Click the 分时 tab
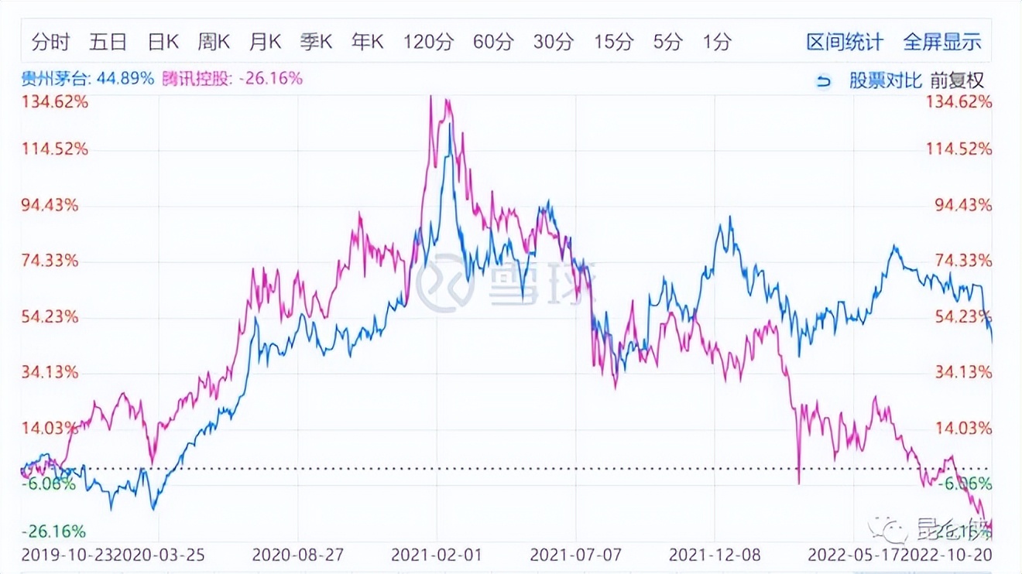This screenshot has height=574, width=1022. click(x=50, y=42)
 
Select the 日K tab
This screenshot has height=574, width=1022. click(x=163, y=42)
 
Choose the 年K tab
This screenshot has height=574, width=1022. click(x=367, y=42)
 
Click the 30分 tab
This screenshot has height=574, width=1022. click(x=553, y=42)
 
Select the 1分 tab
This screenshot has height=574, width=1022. click(x=717, y=42)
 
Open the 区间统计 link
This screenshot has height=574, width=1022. click(x=844, y=42)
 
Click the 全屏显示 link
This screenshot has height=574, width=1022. click(x=942, y=42)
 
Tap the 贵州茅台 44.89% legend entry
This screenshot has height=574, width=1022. click(x=87, y=79)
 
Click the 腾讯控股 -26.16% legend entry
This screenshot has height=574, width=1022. click(x=232, y=79)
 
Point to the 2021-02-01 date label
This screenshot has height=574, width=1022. click(x=437, y=555)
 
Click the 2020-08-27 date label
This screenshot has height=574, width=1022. click(x=299, y=555)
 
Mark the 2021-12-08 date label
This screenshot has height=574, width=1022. click(x=715, y=555)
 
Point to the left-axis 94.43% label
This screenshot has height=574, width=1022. click(x=50, y=205)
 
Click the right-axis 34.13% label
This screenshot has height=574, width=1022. click(x=962, y=372)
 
